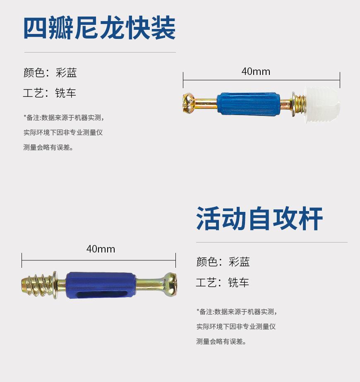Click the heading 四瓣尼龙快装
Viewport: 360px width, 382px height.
[x=99, y=28]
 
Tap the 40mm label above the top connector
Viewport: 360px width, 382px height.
[x=256, y=72]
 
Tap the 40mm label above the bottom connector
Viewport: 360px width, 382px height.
[x=101, y=249]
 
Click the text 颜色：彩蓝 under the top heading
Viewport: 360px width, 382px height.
[x=50, y=73]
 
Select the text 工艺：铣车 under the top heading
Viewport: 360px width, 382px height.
[x=50, y=93]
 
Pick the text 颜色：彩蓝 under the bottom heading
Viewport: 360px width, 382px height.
[x=223, y=262]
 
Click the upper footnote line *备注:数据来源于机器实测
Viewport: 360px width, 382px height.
[x=64, y=118]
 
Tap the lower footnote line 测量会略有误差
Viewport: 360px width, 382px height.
[x=48, y=147]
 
